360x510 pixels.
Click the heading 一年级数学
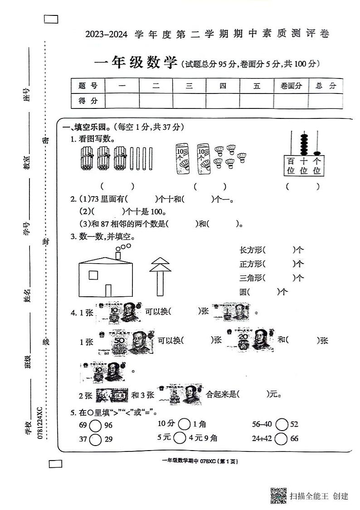(135, 63)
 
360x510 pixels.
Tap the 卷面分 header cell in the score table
(291, 86)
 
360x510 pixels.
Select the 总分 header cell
(326, 86)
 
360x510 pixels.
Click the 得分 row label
(88, 101)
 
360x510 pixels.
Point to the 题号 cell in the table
(88, 86)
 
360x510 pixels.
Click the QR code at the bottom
(279, 495)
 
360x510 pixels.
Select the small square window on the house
(93, 275)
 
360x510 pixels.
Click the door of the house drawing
(108, 290)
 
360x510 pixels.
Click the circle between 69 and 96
(96, 425)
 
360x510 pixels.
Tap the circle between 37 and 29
(96, 439)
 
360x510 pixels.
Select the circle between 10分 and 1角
(184, 424)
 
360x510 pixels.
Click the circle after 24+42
(282, 439)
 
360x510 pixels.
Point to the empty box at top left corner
(52, 19)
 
